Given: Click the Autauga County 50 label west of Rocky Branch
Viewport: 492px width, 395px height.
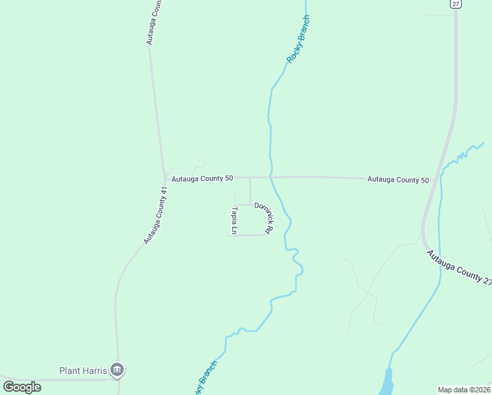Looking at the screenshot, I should point(202,178).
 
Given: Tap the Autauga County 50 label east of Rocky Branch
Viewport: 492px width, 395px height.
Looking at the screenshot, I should point(398,180).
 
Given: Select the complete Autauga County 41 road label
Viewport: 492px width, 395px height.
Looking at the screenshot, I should point(156,215).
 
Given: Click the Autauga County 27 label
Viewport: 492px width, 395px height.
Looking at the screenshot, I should point(458,267).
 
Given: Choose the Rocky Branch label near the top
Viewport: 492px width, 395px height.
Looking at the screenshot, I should point(298,39).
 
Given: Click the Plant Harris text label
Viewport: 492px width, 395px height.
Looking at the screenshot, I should point(84,371).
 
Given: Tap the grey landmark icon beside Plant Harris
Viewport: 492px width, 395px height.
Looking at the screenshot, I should point(117,369).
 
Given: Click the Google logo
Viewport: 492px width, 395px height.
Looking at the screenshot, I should point(22,387).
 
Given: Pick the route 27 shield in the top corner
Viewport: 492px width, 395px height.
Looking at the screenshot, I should point(456,4).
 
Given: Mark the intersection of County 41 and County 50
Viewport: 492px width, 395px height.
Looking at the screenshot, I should point(164,178).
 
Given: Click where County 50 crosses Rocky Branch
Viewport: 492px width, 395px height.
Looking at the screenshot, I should point(270,176).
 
